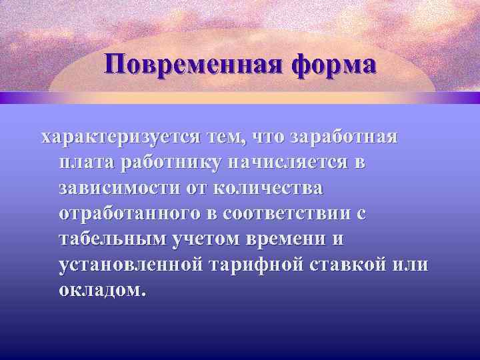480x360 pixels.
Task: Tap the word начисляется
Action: [298, 163]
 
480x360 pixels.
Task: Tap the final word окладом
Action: [101, 289]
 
